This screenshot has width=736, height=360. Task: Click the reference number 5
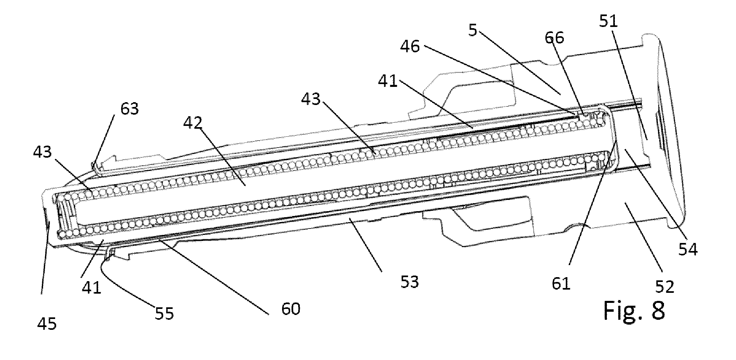coord(473,31)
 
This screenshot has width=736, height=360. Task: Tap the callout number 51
coord(608,21)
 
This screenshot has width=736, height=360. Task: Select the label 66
coord(554,38)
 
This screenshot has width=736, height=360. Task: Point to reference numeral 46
coord(410,47)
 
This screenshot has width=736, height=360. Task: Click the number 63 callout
coord(129,108)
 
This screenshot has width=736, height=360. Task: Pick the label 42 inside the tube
coord(194,123)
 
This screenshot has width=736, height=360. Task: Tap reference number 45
coord(47,323)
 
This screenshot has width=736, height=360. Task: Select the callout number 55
coord(164,313)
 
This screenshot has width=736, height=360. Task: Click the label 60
coord(291,309)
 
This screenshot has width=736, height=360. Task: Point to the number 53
coord(409,282)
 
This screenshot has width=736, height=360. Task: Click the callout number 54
coord(688,250)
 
